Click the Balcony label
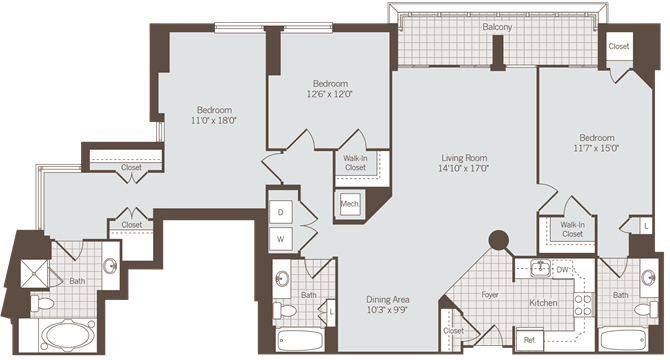click(x=497, y=28)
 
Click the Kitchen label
click(x=542, y=301)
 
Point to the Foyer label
click(x=489, y=295)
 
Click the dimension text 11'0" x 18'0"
click(x=214, y=120)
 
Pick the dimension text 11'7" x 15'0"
click(x=596, y=148)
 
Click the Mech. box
click(x=350, y=204)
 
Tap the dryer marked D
click(x=281, y=213)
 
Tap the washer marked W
click(x=281, y=239)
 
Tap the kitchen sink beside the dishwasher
click(x=539, y=268)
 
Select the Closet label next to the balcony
click(x=619, y=46)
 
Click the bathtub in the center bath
click(x=300, y=336)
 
